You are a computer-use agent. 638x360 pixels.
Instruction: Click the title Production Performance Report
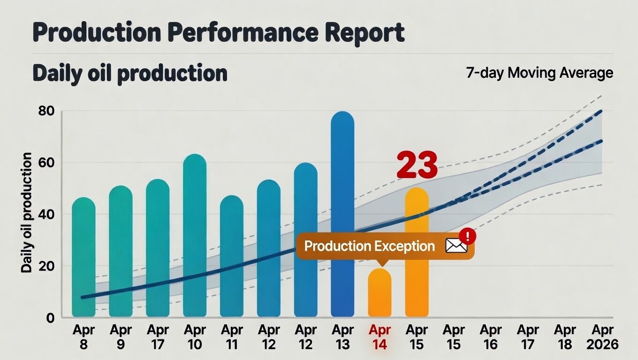(x=218, y=33)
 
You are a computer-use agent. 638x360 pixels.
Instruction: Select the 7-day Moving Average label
(x=539, y=73)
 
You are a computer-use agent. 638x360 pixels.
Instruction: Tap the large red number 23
(x=417, y=165)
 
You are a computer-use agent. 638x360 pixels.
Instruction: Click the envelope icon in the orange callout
(x=456, y=246)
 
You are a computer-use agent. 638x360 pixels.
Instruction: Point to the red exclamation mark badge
(x=468, y=236)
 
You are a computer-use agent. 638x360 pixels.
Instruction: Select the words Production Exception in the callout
(x=369, y=246)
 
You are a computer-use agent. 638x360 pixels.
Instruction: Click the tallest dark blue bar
(x=342, y=216)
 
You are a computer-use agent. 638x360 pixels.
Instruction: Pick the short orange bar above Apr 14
(x=380, y=293)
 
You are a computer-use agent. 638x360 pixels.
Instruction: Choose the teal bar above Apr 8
(x=84, y=258)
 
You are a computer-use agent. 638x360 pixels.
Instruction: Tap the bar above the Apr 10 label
(x=195, y=237)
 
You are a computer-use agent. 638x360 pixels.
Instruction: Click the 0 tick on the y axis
(x=51, y=318)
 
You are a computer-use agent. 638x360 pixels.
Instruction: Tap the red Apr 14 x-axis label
(x=380, y=337)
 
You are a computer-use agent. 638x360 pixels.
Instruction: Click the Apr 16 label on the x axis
(x=491, y=337)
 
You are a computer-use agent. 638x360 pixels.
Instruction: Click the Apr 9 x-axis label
(x=121, y=337)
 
